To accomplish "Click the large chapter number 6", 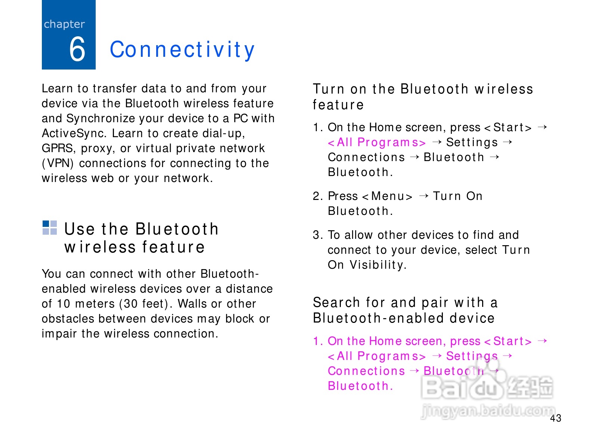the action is click(x=77, y=49).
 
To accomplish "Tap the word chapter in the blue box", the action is click(x=64, y=25).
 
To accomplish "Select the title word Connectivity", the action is click(x=182, y=50).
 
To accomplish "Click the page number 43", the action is click(x=556, y=418).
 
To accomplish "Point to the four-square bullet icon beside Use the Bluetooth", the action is click(x=50, y=228).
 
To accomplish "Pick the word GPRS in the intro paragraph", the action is click(x=57, y=148).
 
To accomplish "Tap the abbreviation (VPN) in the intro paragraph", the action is click(x=58, y=163).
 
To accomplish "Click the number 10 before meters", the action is click(x=64, y=304).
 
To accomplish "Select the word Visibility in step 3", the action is click(x=378, y=265).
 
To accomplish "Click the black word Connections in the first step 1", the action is click(x=366, y=157).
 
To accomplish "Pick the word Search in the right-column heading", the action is click(x=336, y=302).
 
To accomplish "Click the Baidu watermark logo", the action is click(x=487, y=385).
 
